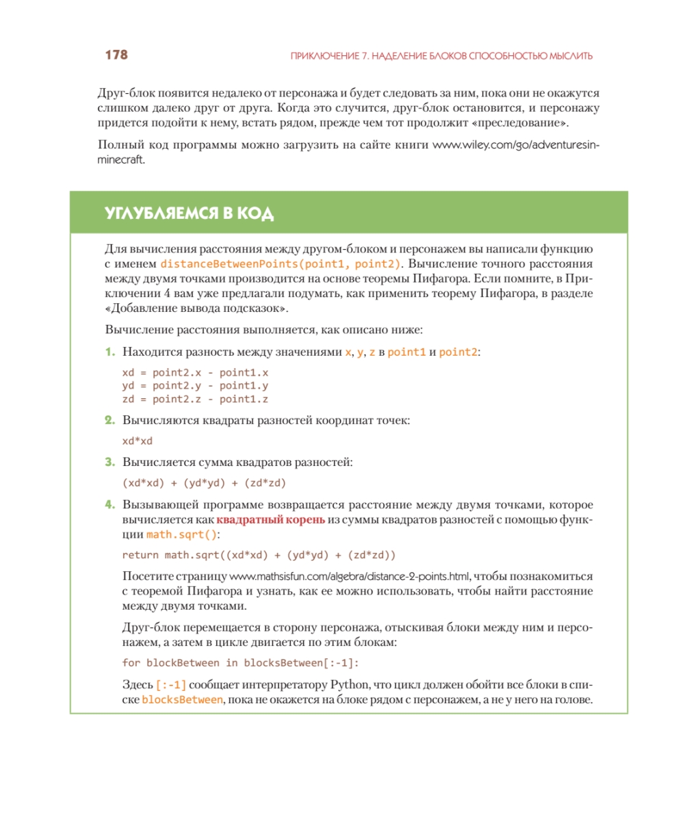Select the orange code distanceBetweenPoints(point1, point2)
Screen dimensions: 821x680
[280, 263]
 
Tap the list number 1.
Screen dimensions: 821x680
[109, 352]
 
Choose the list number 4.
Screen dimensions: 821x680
[109, 505]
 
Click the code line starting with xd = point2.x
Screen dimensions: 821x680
[195, 374]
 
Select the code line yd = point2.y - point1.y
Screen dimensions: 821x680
[195, 387]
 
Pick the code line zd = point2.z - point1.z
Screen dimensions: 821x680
[195, 400]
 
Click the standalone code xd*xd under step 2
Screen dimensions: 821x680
[137, 441]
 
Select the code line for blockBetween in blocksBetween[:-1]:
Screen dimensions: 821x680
[240, 662]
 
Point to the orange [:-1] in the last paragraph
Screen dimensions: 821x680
[171, 684]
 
